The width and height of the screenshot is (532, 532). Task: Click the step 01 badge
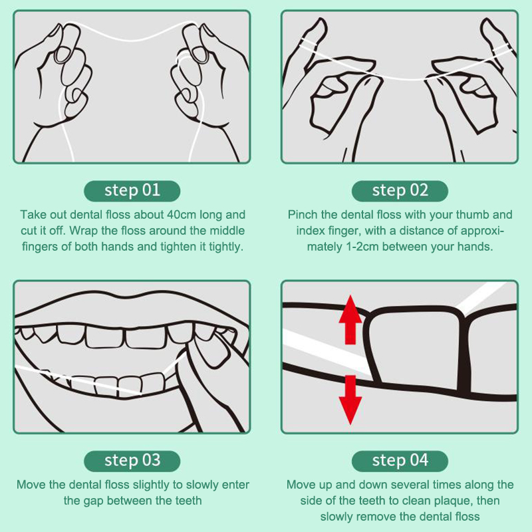click(132, 191)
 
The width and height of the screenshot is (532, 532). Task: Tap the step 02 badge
click(400, 191)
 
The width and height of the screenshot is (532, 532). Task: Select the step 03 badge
click(132, 461)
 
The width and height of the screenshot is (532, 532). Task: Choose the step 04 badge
click(400, 461)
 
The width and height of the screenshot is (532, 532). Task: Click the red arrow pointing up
click(350, 320)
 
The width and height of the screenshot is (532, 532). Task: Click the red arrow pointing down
click(350, 400)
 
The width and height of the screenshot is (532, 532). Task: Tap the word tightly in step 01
click(226, 247)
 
